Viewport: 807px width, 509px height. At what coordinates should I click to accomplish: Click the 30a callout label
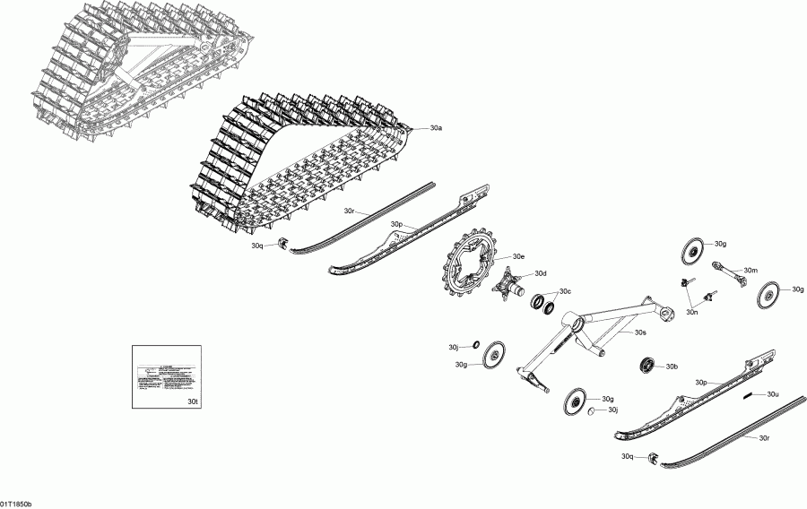pyautogui.click(x=436, y=129)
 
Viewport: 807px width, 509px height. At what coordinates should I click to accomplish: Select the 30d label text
pyautogui.click(x=540, y=273)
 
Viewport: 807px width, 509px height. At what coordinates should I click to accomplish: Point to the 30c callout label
pyautogui.click(x=565, y=291)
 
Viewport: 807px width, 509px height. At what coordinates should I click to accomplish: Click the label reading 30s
pyautogui.click(x=640, y=332)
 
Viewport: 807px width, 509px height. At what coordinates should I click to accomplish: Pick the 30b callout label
pyautogui.click(x=671, y=367)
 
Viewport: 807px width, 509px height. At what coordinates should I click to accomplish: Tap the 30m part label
pyautogui.click(x=751, y=270)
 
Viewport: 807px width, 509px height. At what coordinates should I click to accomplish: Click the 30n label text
pyautogui.click(x=692, y=312)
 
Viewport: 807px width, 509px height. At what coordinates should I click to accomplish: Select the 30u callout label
pyautogui.click(x=772, y=393)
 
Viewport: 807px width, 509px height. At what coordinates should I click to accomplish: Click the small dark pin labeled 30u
pyautogui.click(x=747, y=394)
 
